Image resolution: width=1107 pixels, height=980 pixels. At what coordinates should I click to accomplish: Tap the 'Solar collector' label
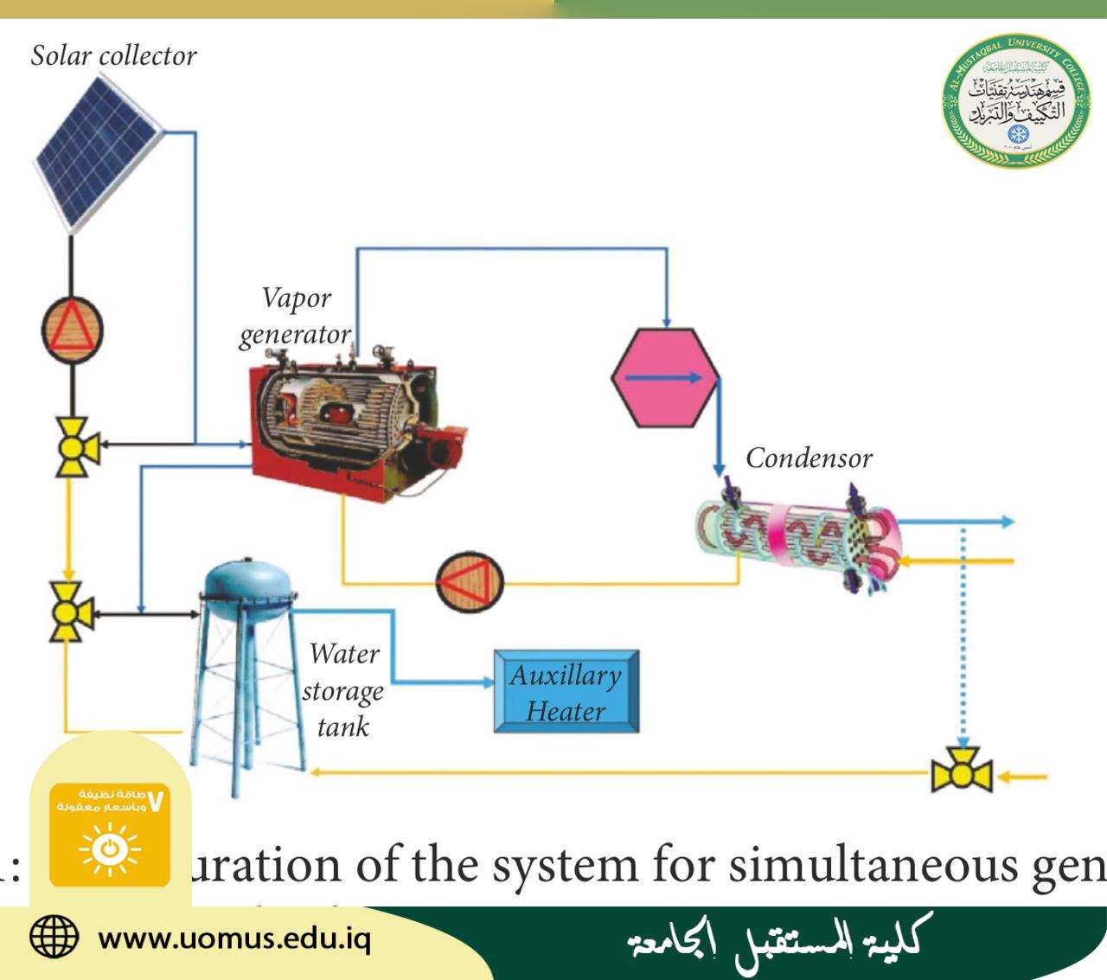click(113, 56)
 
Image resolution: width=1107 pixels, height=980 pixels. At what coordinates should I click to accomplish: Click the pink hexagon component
click(665, 377)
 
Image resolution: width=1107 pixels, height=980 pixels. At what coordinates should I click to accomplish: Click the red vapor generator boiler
click(350, 424)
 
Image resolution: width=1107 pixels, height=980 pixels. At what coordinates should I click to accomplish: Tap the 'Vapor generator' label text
click(296, 316)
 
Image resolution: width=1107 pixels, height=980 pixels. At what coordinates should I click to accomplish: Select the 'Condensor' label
click(809, 458)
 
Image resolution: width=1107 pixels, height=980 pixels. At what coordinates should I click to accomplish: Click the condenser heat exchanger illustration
click(796, 536)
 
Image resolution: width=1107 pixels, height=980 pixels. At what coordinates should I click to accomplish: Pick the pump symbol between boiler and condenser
click(470, 581)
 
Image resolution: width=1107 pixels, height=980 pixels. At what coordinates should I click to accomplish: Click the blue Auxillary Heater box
click(566, 692)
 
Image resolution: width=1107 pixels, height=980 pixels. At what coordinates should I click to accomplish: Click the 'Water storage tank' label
click(343, 690)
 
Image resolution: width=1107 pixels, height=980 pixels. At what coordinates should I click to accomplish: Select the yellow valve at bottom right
click(961, 774)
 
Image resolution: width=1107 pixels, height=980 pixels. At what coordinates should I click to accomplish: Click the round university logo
click(1015, 103)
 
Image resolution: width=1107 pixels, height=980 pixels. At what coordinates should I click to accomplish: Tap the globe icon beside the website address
click(54, 937)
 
